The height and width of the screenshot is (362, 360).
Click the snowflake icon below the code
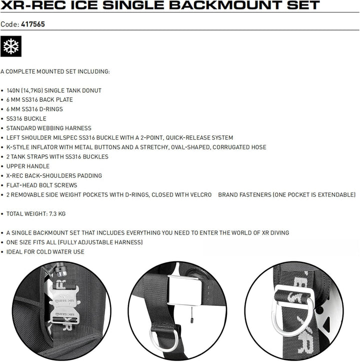[9, 46]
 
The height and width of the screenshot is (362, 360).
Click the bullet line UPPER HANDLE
[28, 166]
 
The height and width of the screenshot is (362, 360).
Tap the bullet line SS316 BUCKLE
[26, 119]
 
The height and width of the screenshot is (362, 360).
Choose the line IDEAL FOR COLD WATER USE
[45, 252]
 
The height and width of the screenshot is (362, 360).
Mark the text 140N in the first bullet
[14, 91]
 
